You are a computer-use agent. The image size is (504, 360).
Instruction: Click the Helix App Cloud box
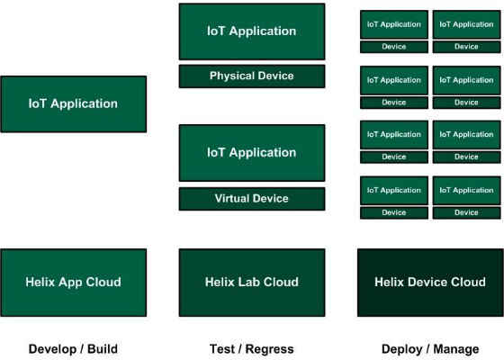74,283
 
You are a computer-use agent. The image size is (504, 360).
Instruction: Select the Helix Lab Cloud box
252,283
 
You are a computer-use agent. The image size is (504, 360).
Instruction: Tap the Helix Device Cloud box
430,283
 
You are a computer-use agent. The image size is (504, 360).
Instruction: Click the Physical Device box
252,76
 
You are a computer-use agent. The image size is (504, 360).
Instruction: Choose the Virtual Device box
252,199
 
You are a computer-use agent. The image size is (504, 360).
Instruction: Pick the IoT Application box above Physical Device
252,31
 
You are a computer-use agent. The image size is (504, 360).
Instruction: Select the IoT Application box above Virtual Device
252,153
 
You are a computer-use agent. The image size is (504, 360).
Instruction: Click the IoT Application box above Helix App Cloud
74,104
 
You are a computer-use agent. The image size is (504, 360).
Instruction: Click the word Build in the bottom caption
103,349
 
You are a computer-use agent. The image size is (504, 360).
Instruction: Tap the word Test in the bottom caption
221,349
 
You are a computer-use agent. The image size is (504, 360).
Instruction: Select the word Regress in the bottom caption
270,349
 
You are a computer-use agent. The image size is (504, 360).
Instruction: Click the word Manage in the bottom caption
456,349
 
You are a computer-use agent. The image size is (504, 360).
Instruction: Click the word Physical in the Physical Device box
232,76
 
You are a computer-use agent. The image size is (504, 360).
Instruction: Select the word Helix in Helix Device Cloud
388,282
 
